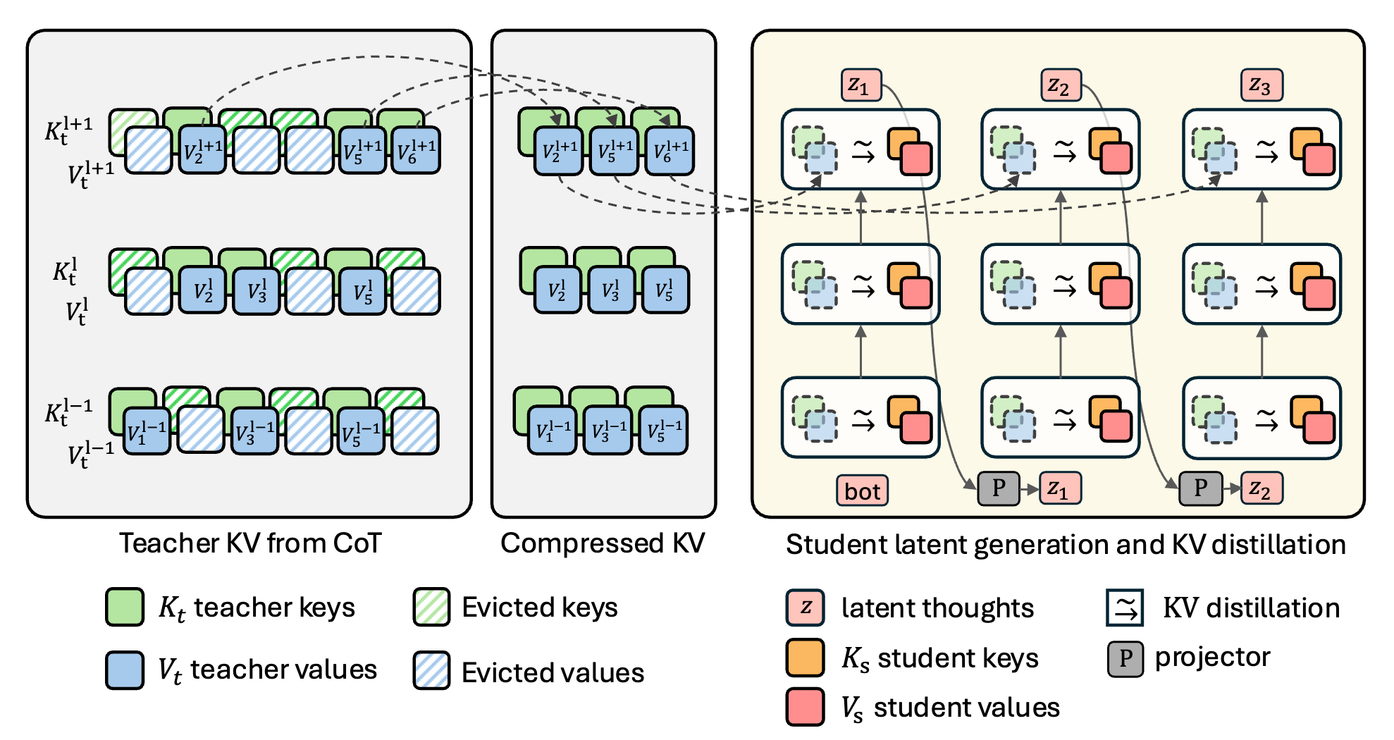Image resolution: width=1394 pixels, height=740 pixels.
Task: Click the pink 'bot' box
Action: (862, 491)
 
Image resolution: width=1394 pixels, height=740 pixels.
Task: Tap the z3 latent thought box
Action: (1261, 85)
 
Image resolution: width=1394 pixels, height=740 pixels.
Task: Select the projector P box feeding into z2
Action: (1200, 488)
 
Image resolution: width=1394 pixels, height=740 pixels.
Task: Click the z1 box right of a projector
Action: (1059, 488)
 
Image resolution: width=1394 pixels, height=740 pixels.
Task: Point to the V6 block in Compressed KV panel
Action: (670, 151)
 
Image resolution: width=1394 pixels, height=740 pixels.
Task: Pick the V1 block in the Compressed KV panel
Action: (552, 431)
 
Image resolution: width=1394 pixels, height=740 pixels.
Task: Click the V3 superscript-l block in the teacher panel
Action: (257, 291)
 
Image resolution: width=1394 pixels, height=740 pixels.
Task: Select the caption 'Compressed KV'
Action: (603, 543)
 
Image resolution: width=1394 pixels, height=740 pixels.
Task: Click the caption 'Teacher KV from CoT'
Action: (250, 543)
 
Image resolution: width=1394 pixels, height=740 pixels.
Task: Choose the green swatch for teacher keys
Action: (125, 607)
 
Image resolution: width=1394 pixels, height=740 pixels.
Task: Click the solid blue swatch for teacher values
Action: (125, 670)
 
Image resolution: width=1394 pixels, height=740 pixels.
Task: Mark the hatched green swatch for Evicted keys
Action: (431, 607)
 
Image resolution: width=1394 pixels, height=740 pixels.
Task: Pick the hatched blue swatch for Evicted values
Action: (431, 670)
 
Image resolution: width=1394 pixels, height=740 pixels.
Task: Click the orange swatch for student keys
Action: (805, 658)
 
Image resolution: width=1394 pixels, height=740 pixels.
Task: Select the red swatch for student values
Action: (805, 707)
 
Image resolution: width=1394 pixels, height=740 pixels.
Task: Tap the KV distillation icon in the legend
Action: (1125, 608)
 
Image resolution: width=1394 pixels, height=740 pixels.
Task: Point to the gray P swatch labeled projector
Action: (1125, 658)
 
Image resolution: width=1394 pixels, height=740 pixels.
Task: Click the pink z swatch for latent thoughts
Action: (805, 608)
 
